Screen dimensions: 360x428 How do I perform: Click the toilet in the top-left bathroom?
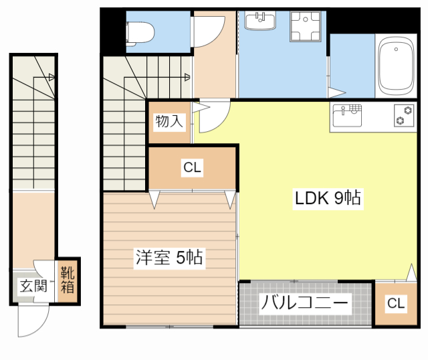coord(140,31)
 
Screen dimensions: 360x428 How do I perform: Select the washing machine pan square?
coord(304,27)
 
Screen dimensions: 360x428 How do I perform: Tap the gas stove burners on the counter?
coord(403,115)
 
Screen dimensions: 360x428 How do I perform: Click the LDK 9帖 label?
coord(328,198)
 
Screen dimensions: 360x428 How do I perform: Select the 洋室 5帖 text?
coord(170,257)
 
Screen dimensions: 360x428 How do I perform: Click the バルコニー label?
coord(304,303)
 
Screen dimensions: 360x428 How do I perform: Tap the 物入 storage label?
coord(169,121)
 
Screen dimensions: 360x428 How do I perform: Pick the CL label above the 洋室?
coord(192,168)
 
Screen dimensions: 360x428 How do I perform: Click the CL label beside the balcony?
coord(395,304)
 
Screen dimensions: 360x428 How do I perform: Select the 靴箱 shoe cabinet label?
coord(68,280)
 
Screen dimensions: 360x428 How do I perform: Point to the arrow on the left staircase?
coord(51,78)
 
